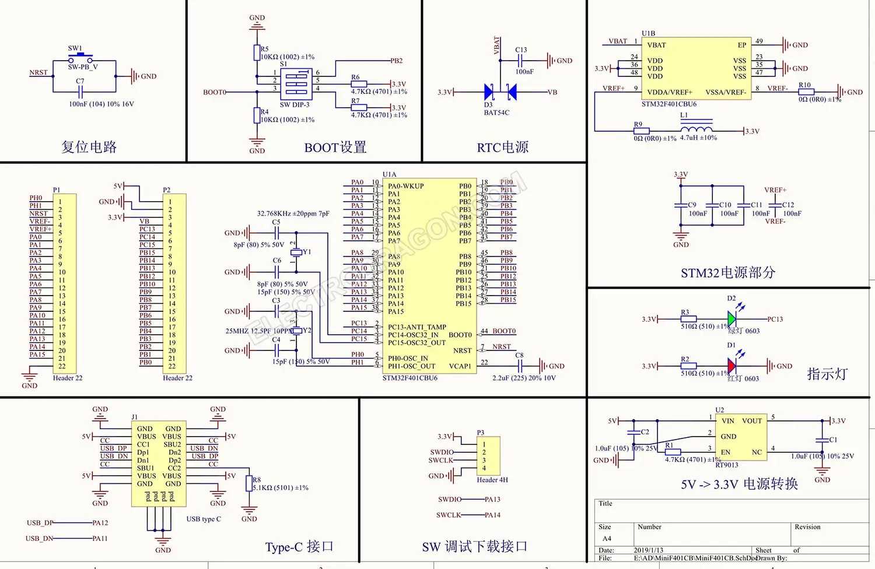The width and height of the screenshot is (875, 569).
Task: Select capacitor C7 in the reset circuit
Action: (x=81, y=92)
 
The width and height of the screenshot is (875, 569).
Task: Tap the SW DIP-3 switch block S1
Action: (x=296, y=85)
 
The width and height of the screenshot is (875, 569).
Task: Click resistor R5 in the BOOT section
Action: (x=257, y=53)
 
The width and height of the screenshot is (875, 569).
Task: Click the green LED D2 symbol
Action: (x=731, y=319)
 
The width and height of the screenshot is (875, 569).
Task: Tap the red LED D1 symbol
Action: (x=731, y=366)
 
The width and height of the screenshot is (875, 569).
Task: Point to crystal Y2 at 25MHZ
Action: (x=297, y=331)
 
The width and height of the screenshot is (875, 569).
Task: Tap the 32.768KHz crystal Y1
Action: (x=296, y=252)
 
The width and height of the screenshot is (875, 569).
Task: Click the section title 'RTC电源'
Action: (x=503, y=147)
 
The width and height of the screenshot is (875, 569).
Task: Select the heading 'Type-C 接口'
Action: (x=299, y=547)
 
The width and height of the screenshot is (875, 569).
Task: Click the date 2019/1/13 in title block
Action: (x=649, y=550)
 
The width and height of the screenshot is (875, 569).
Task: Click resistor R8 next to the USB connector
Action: (x=249, y=483)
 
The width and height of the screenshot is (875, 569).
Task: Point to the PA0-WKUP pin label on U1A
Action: (x=406, y=186)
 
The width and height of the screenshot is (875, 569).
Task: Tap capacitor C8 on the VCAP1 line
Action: (x=520, y=366)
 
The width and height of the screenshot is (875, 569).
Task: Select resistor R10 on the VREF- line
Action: (x=806, y=92)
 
